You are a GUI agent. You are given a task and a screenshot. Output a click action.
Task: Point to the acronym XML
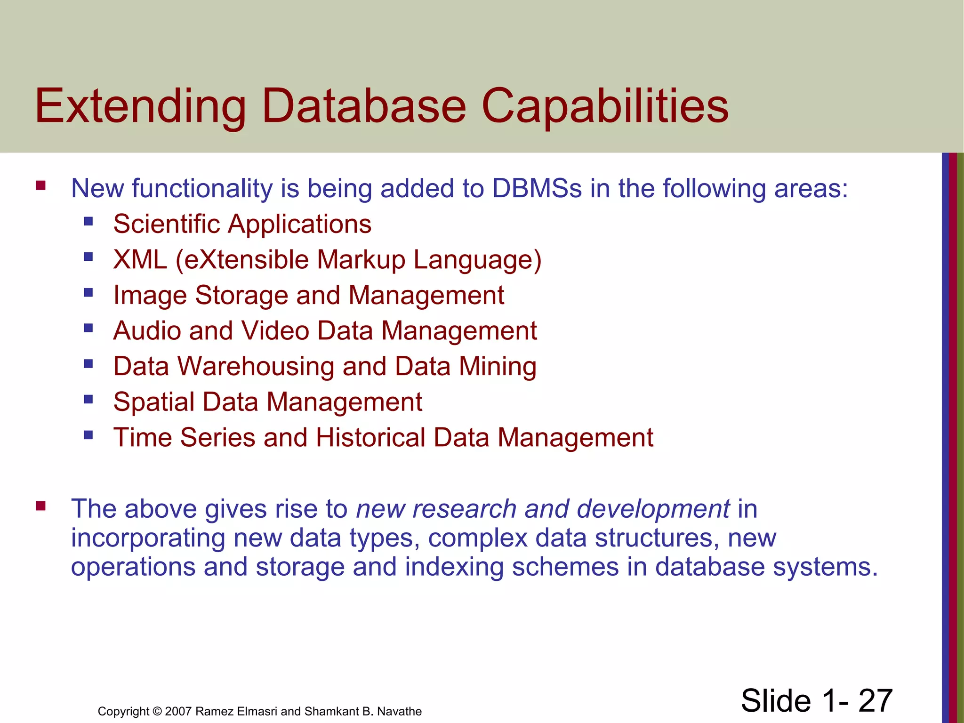[x=140, y=259]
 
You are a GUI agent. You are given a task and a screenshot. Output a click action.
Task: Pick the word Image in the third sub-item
[x=150, y=295]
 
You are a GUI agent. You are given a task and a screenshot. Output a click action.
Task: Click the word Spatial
[x=154, y=402]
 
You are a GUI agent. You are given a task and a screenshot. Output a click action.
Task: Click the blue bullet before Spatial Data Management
[x=88, y=400]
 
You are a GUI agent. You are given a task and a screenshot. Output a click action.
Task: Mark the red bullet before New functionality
[x=40, y=185]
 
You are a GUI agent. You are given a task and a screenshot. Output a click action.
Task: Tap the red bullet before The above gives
[x=40, y=506]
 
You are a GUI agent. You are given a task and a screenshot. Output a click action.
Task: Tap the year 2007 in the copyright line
[x=178, y=711]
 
